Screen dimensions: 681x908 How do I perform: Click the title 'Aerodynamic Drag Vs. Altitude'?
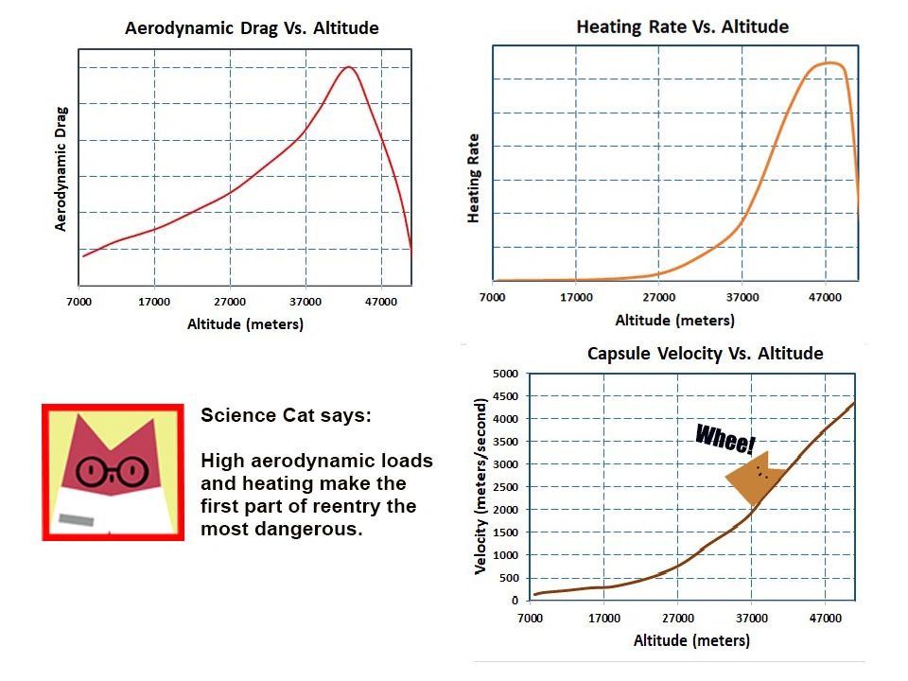click(252, 28)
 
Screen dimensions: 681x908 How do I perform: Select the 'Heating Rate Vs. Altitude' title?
click(682, 26)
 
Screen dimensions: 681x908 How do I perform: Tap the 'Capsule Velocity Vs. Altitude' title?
click(705, 354)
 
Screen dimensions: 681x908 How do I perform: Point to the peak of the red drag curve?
click(349, 67)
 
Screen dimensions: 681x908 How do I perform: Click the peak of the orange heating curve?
click(829, 63)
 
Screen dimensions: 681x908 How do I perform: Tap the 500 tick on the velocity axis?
click(509, 578)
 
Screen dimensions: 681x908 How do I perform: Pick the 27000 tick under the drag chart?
click(230, 302)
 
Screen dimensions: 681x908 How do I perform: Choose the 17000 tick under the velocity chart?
click(604, 619)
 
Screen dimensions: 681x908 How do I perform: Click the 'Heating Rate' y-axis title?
click(475, 179)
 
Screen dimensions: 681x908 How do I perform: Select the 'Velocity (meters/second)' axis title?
click(481, 488)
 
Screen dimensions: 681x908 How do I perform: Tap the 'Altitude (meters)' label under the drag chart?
click(245, 324)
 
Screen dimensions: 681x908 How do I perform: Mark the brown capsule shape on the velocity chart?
click(751, 478)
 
